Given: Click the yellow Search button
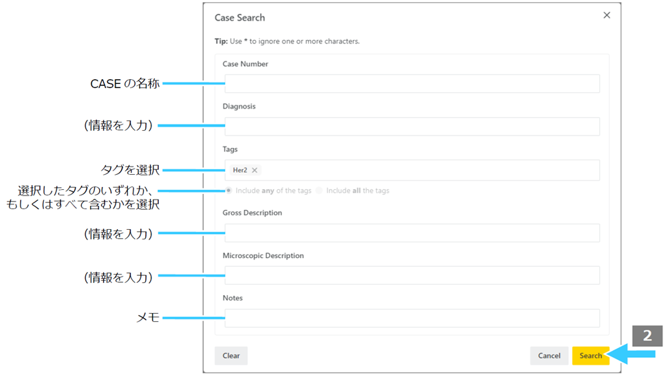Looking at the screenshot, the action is pos(590,355).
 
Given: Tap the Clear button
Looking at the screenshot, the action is pos(230,355).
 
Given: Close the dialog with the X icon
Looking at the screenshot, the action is pos(607,15).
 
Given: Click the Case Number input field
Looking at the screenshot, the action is pos(412,84).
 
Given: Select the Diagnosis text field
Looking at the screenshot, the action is pos(412,127).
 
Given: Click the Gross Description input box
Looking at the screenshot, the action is pos(412,233).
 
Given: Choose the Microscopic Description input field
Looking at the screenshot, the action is pos(412,275).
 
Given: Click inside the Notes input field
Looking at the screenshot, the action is pos(412,318).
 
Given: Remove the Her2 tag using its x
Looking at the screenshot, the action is pos(255,170).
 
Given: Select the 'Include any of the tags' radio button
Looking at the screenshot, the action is pos(229,191).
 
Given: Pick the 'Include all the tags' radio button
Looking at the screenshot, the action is pos(319,191).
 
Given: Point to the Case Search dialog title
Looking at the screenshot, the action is pos(239,17).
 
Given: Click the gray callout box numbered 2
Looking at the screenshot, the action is pos(647,336).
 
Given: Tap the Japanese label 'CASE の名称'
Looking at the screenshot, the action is pos(125,83).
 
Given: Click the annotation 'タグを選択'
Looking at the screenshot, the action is pos(130,170).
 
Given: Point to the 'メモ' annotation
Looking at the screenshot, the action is pos(148,317).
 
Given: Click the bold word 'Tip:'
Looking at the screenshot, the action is pos(221,41).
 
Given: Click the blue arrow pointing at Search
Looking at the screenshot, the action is pos(631,354).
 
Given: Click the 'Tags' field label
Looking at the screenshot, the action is pos(230,149).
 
